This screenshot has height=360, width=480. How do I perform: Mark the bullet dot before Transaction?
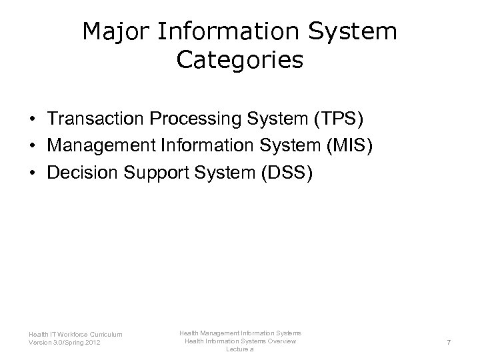click(32, 119)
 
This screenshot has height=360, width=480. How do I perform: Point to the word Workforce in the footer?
click(72, 334)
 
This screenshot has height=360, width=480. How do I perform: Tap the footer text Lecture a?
click(239, 349)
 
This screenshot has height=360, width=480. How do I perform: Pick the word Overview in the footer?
click(279, 341)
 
